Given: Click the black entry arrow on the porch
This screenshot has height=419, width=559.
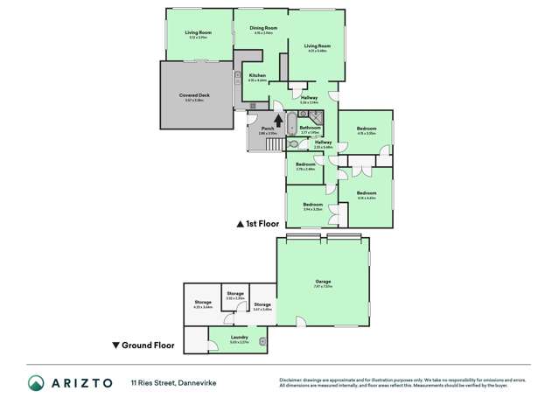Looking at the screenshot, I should tap(279, 122).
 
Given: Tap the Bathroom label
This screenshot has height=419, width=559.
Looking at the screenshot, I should tap(311, 129).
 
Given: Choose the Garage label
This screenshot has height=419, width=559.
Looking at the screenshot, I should tap(323, 281).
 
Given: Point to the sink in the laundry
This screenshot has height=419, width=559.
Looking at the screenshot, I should tap(262, 339).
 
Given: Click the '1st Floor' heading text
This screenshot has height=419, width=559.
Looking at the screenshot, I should tap(262, 224).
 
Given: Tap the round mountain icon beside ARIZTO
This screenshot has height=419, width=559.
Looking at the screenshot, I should tap(36, 383).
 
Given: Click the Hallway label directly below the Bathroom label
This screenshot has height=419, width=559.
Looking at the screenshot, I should tap(323, 142).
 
